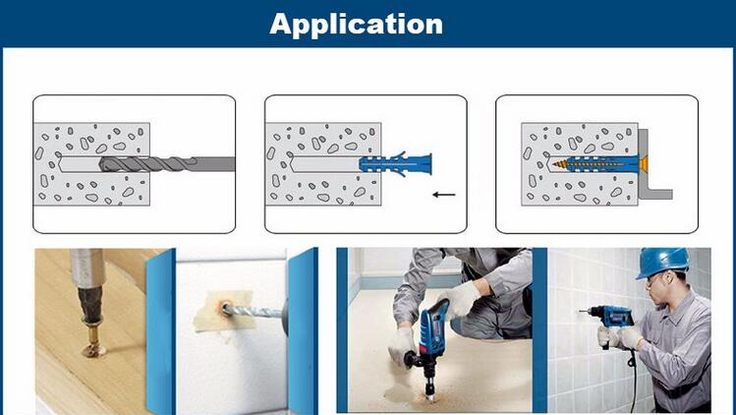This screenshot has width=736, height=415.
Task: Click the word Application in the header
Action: click(357, 25)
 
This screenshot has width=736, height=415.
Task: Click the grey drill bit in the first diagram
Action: click(167, 164)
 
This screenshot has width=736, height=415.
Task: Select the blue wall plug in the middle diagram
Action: click(395, 164)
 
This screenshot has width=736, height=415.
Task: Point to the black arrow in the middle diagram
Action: click(444, 194)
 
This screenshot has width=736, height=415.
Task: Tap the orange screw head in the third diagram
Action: click(644, 164)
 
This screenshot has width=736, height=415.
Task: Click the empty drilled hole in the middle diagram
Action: click(326, 164)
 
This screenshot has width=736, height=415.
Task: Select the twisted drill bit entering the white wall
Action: click(254, 312)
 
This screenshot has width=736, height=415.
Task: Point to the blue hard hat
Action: click(662, 262)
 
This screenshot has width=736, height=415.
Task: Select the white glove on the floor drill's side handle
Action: click(402, 344)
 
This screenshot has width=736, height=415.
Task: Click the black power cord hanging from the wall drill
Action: click(635, 376)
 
